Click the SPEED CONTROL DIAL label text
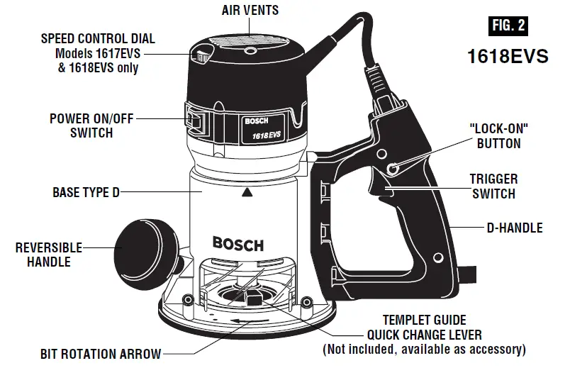[x=98, y=38]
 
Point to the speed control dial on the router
[x=202, y=55]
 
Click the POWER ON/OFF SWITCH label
[x=91, y=126]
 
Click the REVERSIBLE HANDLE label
[x=49, y=255]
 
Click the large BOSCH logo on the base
[x=238, y=245]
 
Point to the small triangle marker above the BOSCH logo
[x=246, y=192]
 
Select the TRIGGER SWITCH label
[x=493, y=186]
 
